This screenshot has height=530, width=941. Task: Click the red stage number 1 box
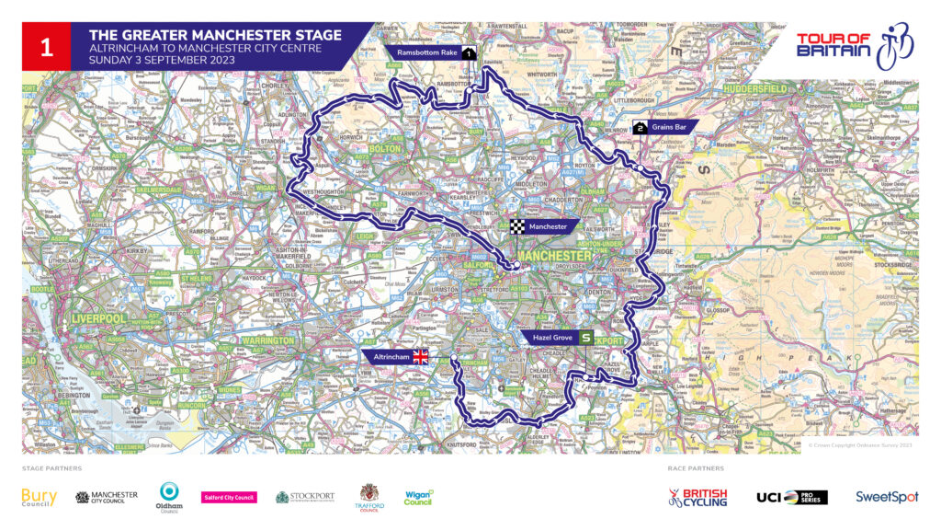(x=46, y=47)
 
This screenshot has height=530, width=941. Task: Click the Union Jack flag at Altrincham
(x=421, y=357)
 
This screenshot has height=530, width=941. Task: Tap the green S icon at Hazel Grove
(x=585, y=338)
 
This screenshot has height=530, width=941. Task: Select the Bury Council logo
(x=39, y=498)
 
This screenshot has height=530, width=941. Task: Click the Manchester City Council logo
(x=107, y=497)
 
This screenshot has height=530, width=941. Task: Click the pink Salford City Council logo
(x=229, y=498)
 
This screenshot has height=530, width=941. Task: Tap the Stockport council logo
(x=305, y=498)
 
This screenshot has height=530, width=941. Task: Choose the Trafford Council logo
(x=368, y=498)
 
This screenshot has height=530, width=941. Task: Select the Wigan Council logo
(x=418, y=497)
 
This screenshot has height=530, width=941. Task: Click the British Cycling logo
(x=697, y=497)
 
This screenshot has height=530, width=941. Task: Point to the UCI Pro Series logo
(x=791, y=497)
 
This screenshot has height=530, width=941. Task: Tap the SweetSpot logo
(x=886, y=497)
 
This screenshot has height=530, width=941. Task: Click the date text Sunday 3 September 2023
(x=162, y=60)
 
